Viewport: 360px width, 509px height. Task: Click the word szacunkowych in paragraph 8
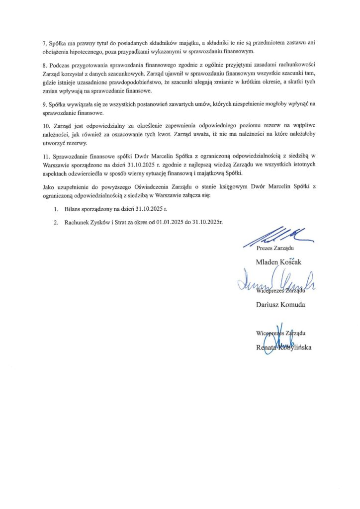pyautogui.click(x=115, y=74)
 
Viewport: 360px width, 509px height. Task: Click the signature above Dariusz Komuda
pyautogui.click(x=269, y=283)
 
